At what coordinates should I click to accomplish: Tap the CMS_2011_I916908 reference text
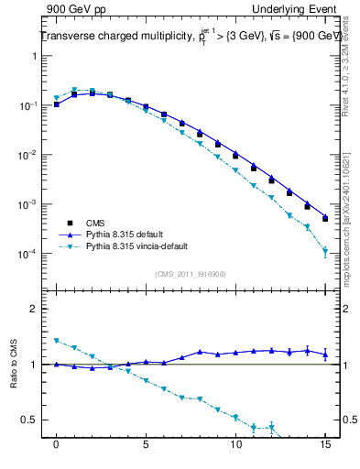tap(191, 274)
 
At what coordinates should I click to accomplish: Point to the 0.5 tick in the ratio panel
tap(30, 420)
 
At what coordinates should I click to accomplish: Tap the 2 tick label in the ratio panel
tap(34, 309)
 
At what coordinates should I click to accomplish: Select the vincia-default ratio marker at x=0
tap(57, 341)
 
